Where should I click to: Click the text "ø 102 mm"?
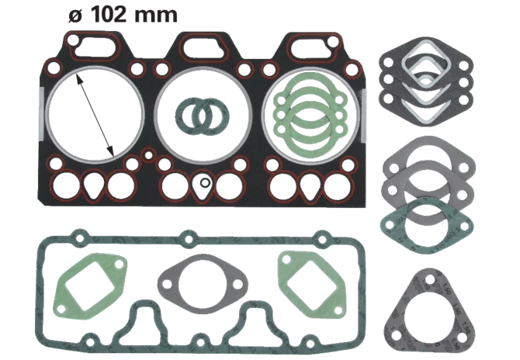point(123,15)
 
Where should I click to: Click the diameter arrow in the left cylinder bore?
point(95,115)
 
